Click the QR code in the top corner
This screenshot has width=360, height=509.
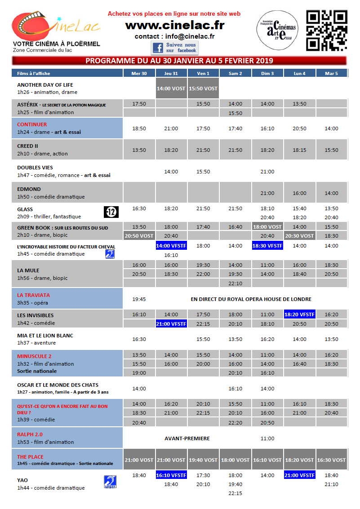pyautogui.click(x=327, y=31)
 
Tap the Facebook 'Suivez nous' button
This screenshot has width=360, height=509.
pyautogui.click(x=174, y=48)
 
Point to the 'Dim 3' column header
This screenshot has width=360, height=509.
pyautogui.click(x=267, y=73)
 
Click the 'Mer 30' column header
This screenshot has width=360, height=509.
pyautogui.click(x=139, y=73)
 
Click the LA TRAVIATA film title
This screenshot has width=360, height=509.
pyautogui.click(x=34, y=295)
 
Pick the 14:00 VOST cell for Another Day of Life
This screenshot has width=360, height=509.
pyautogui.click(x=172, y=89)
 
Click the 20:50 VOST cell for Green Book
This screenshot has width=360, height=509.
pyautogui.click(x=139, y=235)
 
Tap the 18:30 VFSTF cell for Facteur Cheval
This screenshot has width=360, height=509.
pyautogui.click(x=267, y=246)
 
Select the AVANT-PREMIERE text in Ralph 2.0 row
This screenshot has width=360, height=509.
pyautogui.click(x=187, y=438)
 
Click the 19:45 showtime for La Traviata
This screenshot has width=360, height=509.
pyautogui.click(x=139, y=299)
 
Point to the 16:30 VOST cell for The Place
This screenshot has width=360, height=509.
pyautogui.click(x=332, y=460)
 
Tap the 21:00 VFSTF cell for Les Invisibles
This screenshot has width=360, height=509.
pyautogui.click(x=172, y=324)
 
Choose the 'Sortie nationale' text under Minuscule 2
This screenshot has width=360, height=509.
pyautogui.click(x=37, y=372)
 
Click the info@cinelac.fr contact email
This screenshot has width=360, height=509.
pyautogui.click(x=190, y=36)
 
